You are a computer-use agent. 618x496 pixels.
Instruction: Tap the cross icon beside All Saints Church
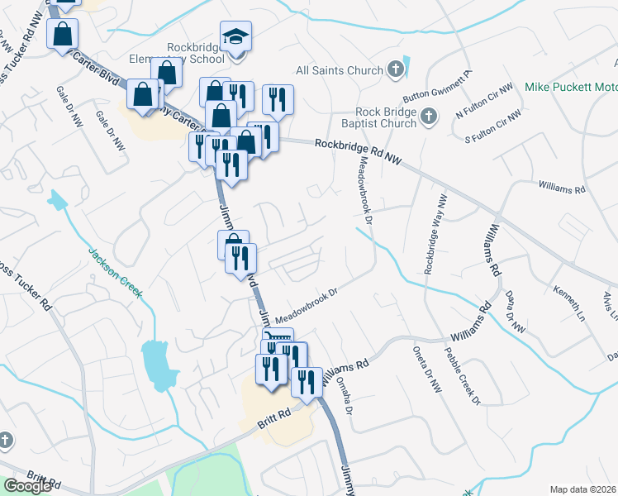click(x=396, y=69)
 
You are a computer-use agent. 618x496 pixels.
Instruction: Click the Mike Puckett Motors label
click(x=571, y=86)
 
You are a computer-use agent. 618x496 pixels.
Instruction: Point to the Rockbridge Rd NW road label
click(x=357, y=155)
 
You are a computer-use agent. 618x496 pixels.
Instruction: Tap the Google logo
click(x=27, y=485)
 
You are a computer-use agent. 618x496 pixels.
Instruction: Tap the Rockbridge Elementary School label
click(x=195, y=54)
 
